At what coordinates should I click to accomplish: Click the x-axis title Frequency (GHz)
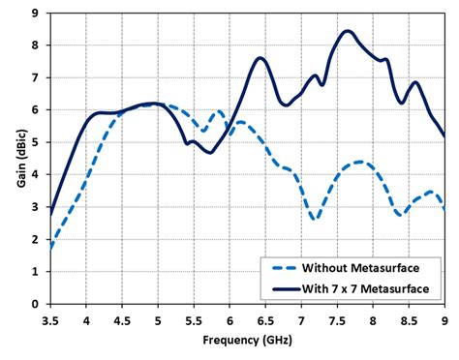(x=247, y=343)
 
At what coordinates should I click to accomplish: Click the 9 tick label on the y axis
(x=35, y=14)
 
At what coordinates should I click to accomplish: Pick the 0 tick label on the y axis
(x=35, y=304)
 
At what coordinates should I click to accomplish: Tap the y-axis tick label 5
(x=35, y=142)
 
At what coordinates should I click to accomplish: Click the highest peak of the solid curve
(x=347, y=31)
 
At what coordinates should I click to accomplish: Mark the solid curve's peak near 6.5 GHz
(x=260, y=58)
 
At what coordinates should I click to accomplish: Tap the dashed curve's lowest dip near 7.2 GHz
(x=314, y=220)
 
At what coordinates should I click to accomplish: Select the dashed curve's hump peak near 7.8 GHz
(x=358, y=162)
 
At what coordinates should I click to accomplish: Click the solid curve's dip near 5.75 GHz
(x=210, y=152)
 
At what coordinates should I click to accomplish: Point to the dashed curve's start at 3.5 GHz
(x=50, y=249)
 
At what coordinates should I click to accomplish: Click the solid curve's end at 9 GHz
(x=444, y=136)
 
